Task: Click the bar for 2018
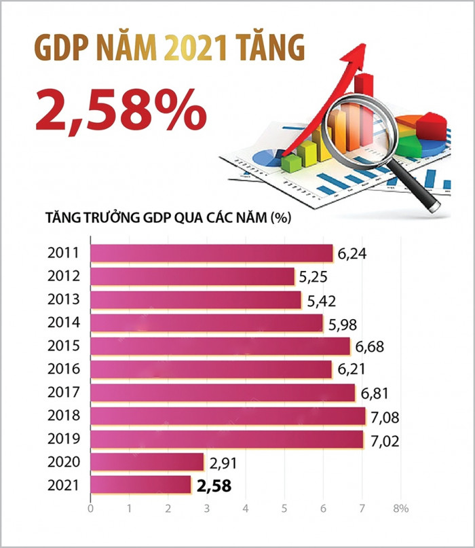click(x=227, y=416)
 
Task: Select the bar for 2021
click(x=140, y=485)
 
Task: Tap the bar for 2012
click(x=192, y=276)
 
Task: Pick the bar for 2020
click(x=147, y=462)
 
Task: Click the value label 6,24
click(x=351, y=255)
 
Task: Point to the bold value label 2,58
click(x=213, y=486)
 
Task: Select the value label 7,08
click(x=384, y=416)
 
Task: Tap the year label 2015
click(x=64, y=346)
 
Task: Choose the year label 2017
click(x=64, y=392)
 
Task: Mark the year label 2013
click(x=64, y=299)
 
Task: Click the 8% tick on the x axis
click(x=400, y=508)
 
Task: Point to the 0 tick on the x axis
click(x=90, y=508)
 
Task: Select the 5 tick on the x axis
click(x=284, y=508)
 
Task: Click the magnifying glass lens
click(x=358, y=123)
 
